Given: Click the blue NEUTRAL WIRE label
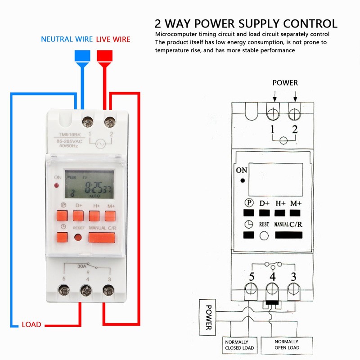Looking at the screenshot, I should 67,40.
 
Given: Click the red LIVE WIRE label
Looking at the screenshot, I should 113,40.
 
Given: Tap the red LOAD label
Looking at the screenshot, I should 31,324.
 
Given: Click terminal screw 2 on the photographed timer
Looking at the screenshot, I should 108,121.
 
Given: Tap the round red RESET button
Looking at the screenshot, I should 78,238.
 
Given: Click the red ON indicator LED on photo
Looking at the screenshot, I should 57,185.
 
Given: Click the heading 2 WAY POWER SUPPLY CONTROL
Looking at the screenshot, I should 246,23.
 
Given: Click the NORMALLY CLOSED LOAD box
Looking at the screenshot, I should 239,345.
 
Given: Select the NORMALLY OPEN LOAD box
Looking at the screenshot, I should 286,345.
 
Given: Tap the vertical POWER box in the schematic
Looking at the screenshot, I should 208,317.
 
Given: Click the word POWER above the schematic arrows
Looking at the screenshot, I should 285,83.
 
